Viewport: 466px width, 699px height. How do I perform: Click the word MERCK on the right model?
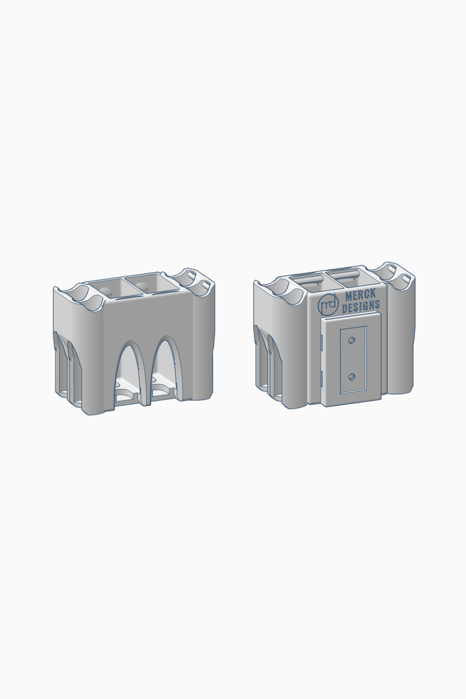pyautogui.click(x=360, y=297)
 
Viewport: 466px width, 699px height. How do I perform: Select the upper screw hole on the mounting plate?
pyautogui.click(x=353, y=340)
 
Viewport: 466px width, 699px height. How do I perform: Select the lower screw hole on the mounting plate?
pyautogui.click(x=353, y=376)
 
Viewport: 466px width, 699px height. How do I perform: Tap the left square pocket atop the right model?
pyautogui.click(x=308, y=283)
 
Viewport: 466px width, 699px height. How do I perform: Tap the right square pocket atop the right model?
pyautogui.click(x=347, y=281)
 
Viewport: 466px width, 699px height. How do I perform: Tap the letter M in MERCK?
pyautogui.click(x=348, y=297)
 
